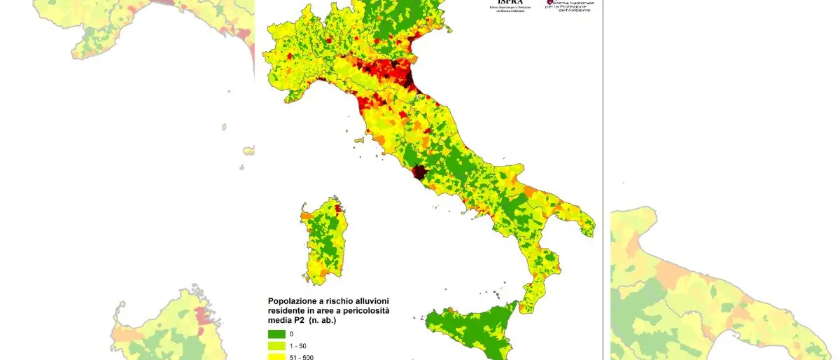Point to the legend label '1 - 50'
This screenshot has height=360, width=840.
297,345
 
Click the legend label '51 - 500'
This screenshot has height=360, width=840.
301,356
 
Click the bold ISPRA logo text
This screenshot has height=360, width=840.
509,2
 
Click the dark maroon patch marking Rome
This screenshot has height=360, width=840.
419,172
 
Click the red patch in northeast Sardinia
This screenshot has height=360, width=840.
338,208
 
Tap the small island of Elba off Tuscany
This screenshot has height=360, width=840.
360,140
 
